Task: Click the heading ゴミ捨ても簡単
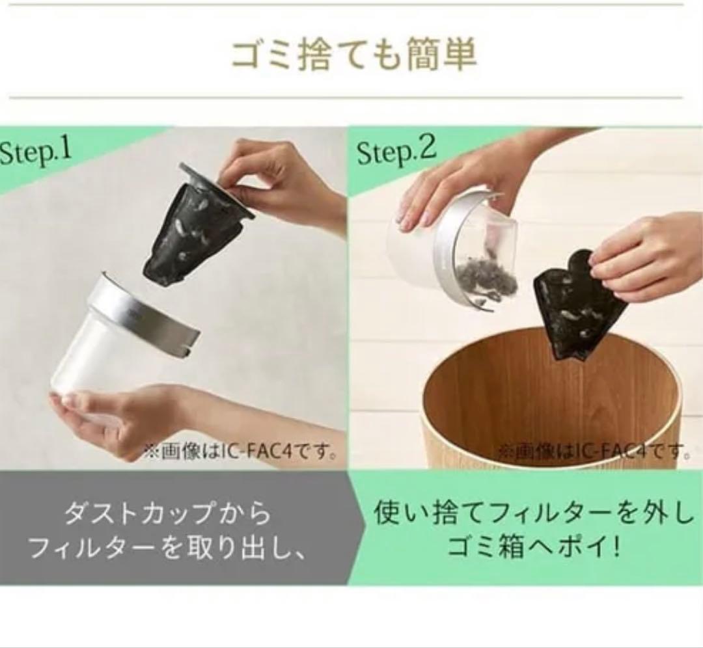point(353,55)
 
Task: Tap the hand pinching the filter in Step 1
point(278,183)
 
